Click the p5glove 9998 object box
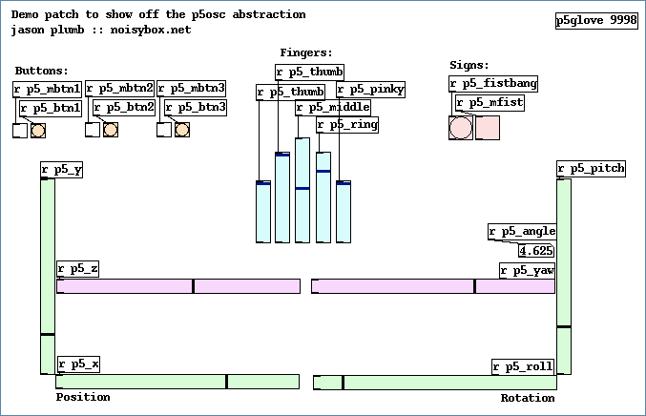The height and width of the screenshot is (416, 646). pyautogui.click(x=596, y=21)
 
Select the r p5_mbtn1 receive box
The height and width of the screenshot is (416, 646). pyautogui.click(x=48, y=89)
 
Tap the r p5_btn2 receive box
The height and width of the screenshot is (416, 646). pyautogui.click(x=123, y=108)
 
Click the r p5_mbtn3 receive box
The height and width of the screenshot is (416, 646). pyautogui.click(x=191, y=89)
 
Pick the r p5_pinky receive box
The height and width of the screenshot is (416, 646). pyautogui.click(x=370, y=91)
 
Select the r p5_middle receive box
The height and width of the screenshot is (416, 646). pyautogui.click(x=333, y=108)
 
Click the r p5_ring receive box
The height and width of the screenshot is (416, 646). pyautogui.click(x=347, y=125)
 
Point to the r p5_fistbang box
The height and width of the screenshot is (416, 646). pyautogui.click(x=493, y=84)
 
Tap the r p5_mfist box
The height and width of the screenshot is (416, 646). pyautogui.click(x=489, y=103)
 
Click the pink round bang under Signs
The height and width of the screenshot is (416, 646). pyautogui.click(x=461, y=128)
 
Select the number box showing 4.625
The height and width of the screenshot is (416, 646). pyautogui.click(x=536, y=251)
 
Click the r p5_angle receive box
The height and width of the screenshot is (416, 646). pyautogui.click(x=521, y=232)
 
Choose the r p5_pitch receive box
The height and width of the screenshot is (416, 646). pyautogui.click(x=591, y=169)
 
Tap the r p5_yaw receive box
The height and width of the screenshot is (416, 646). pyautogui.click(x=527, y=271)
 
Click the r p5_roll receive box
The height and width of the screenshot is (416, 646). pyautogui.click(x=523, y=366)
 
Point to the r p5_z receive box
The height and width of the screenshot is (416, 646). pyautogui.click(x=78, y=269)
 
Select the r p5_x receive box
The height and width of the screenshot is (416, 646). pyautogui.click(x=79, y=364)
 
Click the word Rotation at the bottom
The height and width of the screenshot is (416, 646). pyautogui.click(x=527, y=398)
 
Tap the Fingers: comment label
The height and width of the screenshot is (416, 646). pyautogui.click(x=306, y=52)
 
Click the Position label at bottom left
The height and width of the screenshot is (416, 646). pyautogui.click(x=83, y=397)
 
